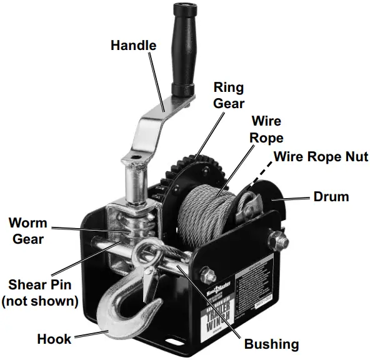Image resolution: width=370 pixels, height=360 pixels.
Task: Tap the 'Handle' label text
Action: pyautogui.click(x=133, y=46)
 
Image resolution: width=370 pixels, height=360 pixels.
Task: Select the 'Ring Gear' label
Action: pyautogui.click(x=229, y=95)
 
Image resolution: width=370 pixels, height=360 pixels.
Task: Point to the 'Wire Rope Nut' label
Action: pyautogui.click(x=321, y=156)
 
